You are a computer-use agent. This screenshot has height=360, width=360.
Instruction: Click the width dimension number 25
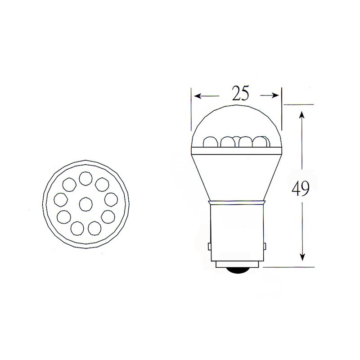tap(241, 93)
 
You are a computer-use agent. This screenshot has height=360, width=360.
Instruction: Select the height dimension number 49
tap(301, 189)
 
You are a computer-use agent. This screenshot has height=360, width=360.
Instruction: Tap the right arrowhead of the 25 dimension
tap(275, 95)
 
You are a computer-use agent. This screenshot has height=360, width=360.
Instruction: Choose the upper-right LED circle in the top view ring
tap(101, 184)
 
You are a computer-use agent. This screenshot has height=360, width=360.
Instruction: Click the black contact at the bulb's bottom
tap(237, 270)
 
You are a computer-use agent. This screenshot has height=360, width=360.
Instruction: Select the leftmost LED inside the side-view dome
tap(210, 141)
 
